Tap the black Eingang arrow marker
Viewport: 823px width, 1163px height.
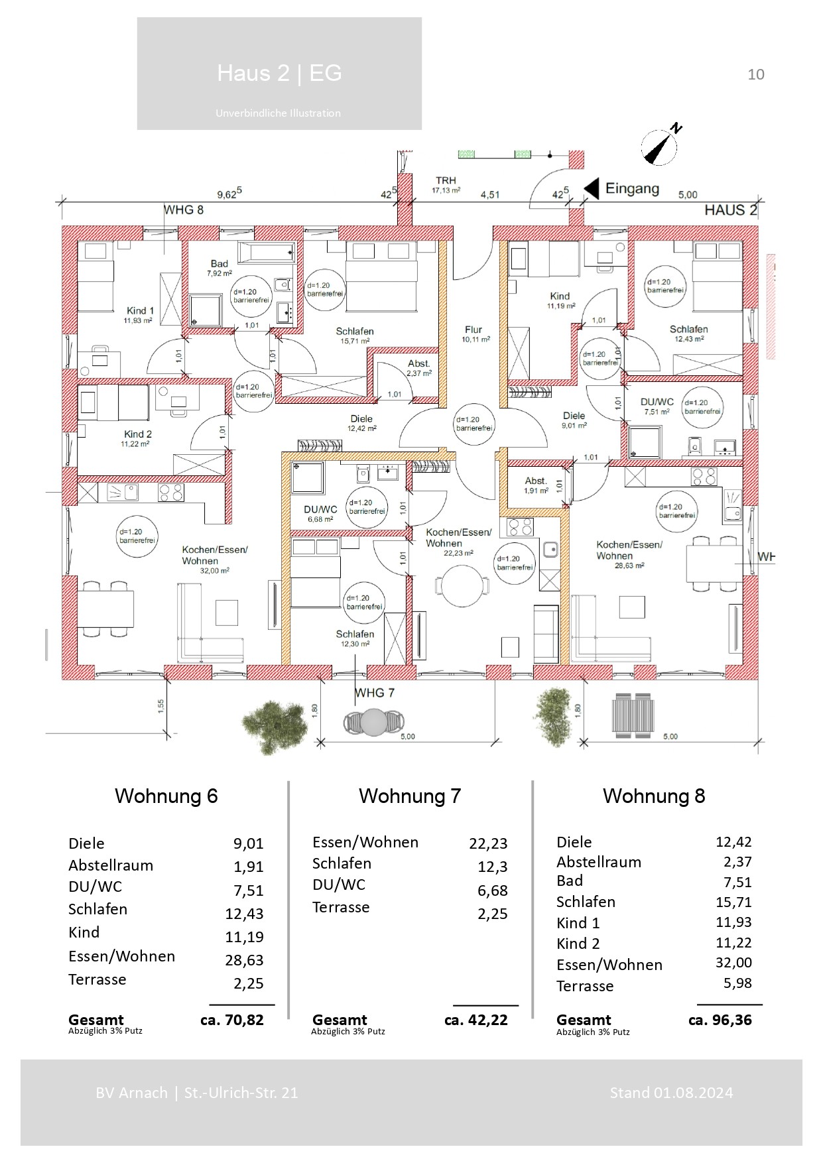(592, 188)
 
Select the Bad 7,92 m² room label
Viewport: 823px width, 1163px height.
(219, 268)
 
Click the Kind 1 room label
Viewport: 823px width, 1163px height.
(140, 314)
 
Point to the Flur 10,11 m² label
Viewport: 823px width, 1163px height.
(474, 334)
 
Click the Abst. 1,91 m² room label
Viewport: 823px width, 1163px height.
(536, 485)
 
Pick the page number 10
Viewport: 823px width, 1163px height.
(755, 74)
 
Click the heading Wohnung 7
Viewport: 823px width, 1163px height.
(409, 796)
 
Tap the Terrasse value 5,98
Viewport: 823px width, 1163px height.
(737, 983)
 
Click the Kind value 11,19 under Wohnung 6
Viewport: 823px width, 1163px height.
(244, 937)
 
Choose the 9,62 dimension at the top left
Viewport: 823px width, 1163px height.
(229, 194)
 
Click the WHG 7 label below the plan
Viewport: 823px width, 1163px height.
(375, 693)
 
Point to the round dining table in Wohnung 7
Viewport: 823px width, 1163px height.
(462, 585)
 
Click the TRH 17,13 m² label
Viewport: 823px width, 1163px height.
(446, 185)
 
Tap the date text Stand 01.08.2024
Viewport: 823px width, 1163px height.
(671, 1093)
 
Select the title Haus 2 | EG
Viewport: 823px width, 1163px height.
(279, 73)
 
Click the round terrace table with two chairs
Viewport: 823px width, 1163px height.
(374, 722)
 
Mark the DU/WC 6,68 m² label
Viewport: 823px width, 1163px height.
(321, 513)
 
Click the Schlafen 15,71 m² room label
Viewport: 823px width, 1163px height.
(355, 336)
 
